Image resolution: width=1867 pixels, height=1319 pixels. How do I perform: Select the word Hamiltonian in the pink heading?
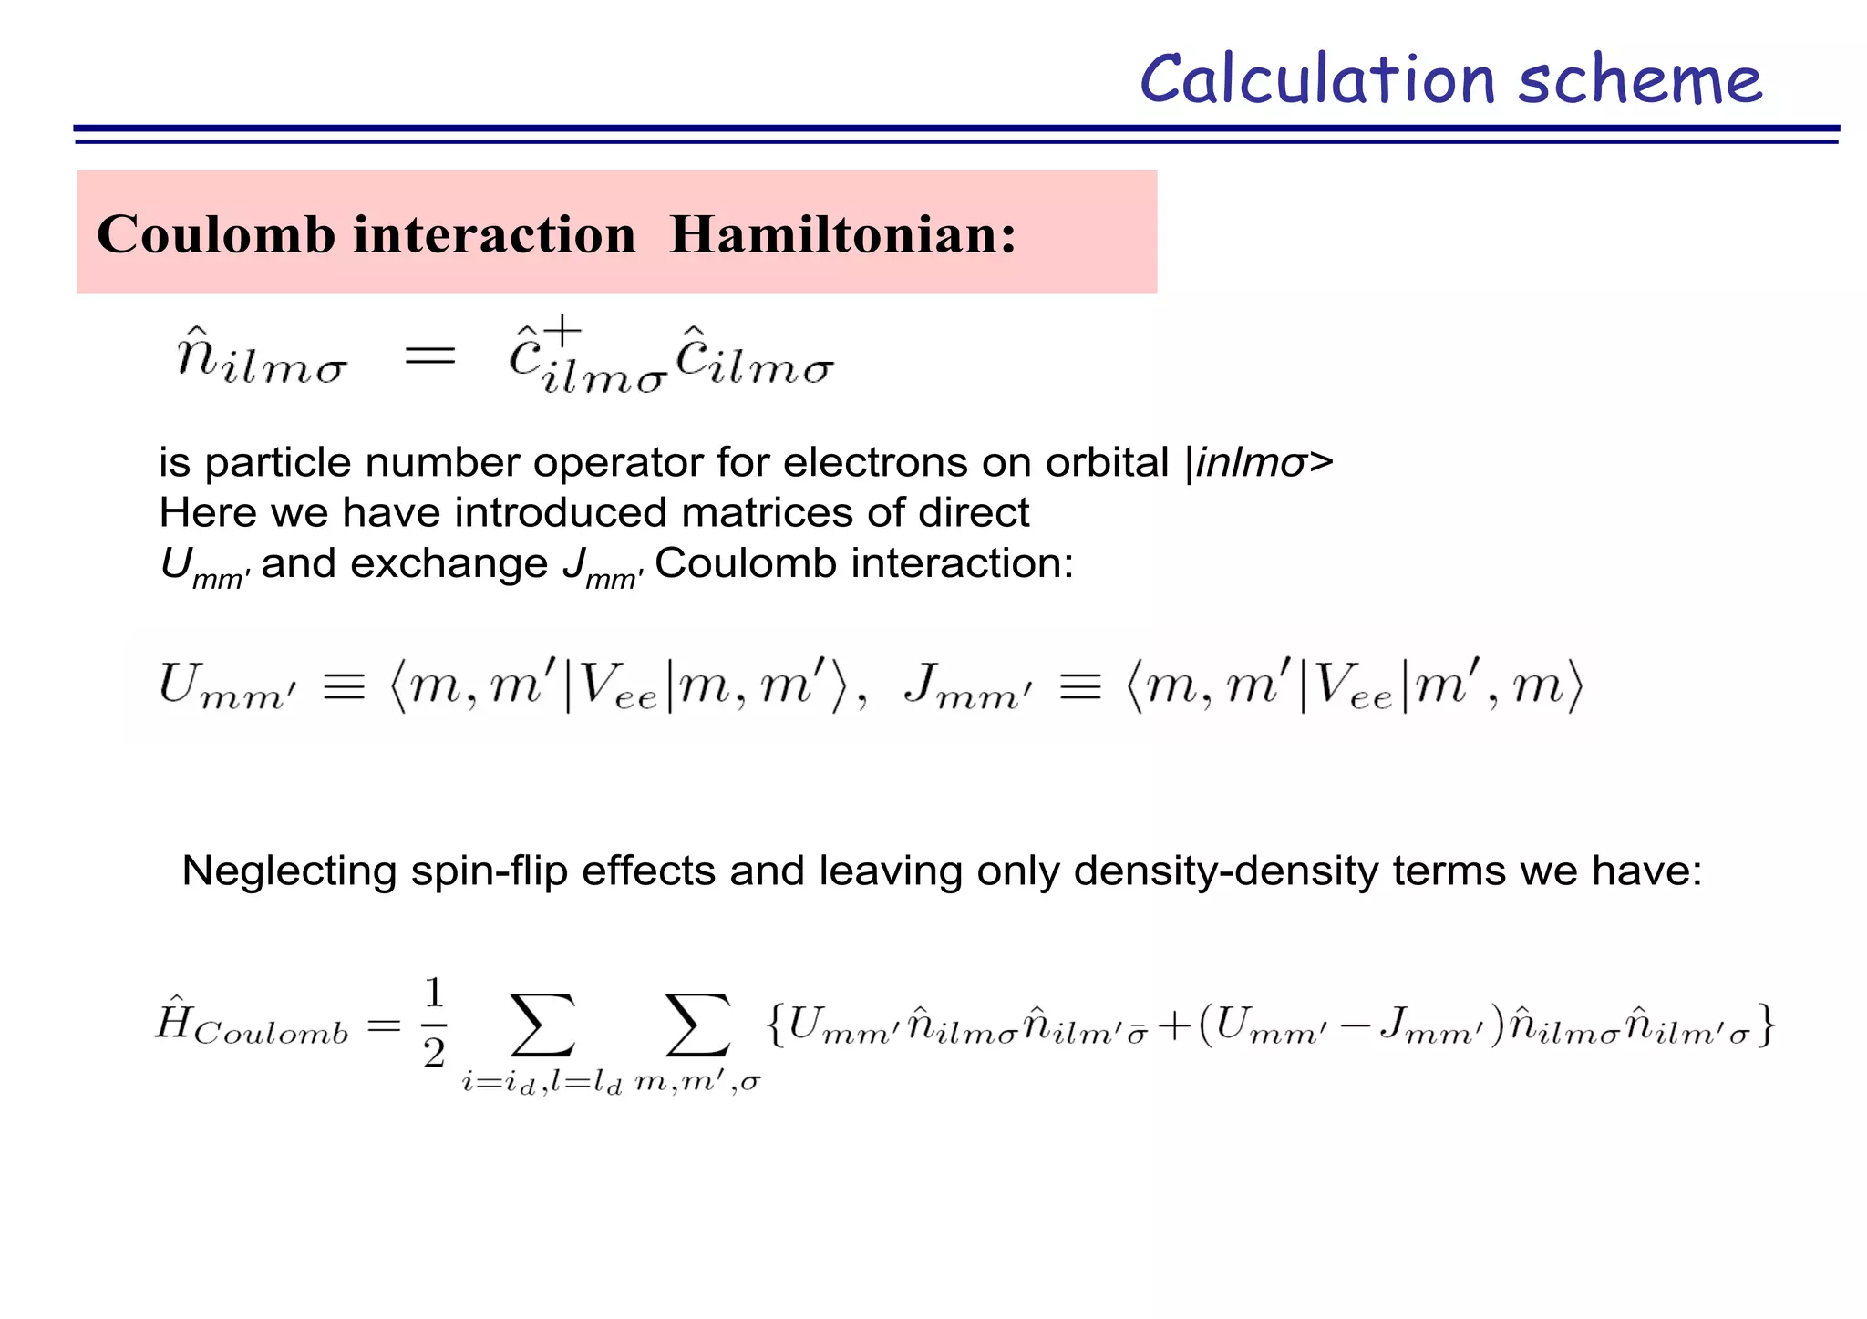tap(842, 234)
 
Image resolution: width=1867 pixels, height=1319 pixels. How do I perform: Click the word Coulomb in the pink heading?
tap(216, 234)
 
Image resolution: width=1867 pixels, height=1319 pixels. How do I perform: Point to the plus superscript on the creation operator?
tap(563, 330)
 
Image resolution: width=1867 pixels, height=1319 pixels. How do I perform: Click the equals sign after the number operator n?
tap(429, 356)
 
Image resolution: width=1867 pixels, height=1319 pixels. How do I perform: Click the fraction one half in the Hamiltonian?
tap(434, 1022)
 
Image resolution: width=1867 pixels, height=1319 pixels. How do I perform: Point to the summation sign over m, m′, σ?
tap(697, 1025)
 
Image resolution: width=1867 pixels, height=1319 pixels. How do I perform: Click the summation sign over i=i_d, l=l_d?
tap(542, 1025)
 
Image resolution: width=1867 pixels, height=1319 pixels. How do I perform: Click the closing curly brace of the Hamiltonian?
tap(1766, 1025)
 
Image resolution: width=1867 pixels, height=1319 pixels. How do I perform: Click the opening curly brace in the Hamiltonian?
tap(775, 1025)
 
